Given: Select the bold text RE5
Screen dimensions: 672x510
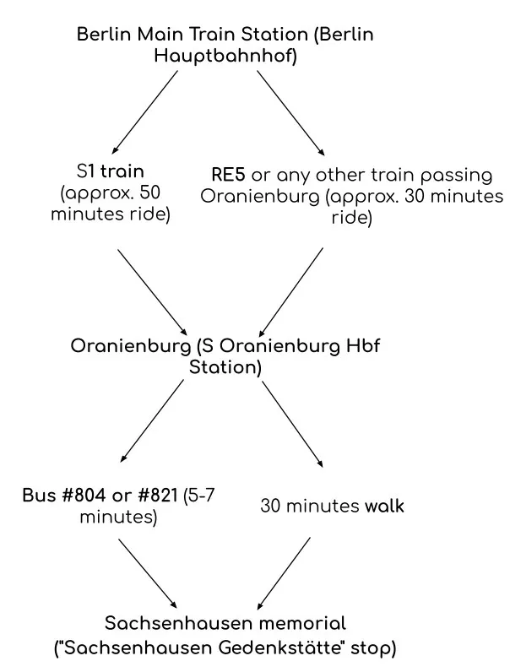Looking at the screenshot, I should (x=230, y=176).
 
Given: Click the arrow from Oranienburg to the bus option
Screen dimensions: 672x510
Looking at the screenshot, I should (x=153, y=422).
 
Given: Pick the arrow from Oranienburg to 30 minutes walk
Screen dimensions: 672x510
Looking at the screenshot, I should (x=291, y=422).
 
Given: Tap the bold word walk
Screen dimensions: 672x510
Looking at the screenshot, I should (x=384, y=507).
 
